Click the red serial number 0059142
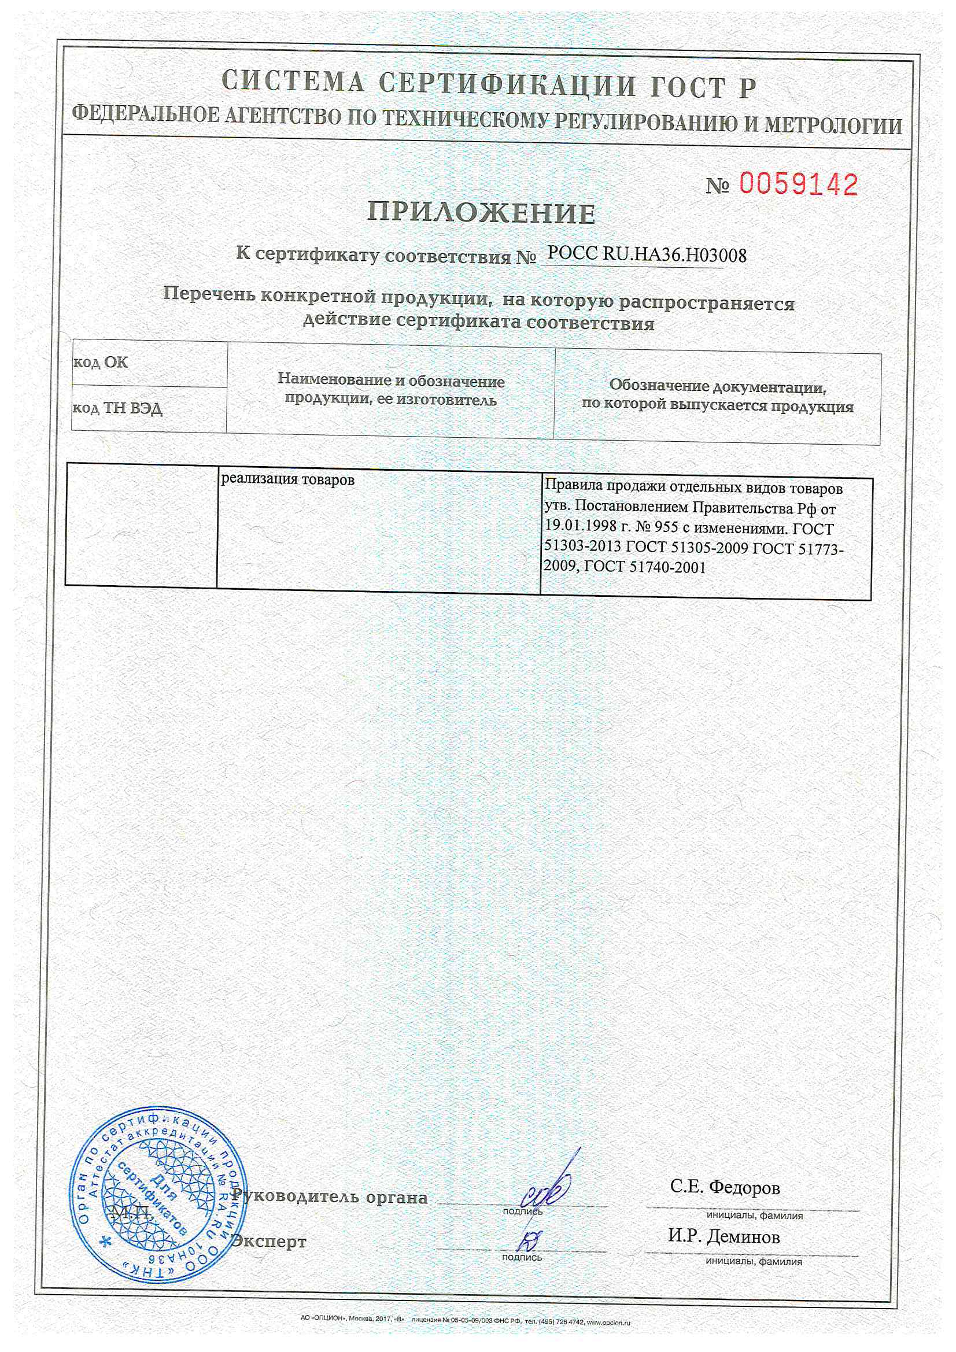[x=798, y=185]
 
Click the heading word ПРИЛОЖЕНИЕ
[x=481, y=213]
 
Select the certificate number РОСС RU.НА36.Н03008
[x=647, y=255]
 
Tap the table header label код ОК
[x=100, y=362]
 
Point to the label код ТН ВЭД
[x=117, y=408]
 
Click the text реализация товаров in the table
[x=287, y=479]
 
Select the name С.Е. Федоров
[x=725, y=1187]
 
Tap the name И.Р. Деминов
[x=724, y=1236]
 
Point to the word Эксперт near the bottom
[x=268, y=1242]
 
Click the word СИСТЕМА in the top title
[x=293, y=82]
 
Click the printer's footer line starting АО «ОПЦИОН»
[x=465, y=1323]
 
